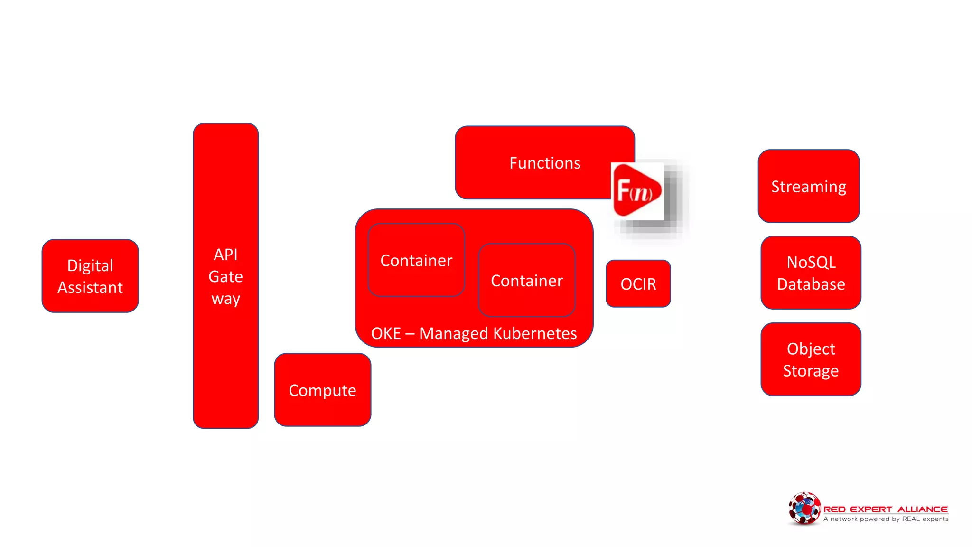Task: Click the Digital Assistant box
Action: [x=90, y=276]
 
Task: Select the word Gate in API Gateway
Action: [x=225, y=277]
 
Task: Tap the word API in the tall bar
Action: [x=225, y=255]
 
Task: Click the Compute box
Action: [x=322, y=390]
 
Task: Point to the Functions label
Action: [x=544, y=163]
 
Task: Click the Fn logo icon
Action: [x=636, y=191]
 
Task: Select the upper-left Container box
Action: [x=416, y=261]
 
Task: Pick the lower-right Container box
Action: [x=526, y=281]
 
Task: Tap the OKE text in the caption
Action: [x=386, y=333]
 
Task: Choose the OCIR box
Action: [x=638, y=284]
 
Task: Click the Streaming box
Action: [x=808, y=187]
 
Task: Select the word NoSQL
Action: [x=811, y=263]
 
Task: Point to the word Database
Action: [x=811, y=284]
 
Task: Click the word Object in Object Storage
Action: [x=811, y=349]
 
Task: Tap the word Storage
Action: [x=811, y=371]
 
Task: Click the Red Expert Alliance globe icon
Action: [x=804, y=509]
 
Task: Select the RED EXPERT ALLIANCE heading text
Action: [x=885, y=509]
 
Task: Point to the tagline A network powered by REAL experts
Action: [x=886, y=519]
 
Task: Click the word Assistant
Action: [x=90, y=288]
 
